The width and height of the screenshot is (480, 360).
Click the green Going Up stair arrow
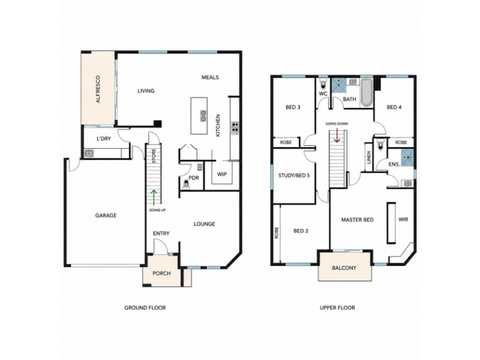coord(154,197)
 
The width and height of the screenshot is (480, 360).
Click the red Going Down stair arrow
coord(337,136)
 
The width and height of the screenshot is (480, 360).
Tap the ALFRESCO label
coord(98,89)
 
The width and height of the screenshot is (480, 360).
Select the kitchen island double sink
coord(203,116)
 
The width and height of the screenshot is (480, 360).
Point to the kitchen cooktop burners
coord(235,127)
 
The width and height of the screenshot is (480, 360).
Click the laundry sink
coord(89,153)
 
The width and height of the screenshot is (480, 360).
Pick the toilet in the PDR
coord(185,184)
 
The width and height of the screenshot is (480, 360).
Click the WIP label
coord(222,174)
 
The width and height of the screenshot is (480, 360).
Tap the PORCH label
coord(161,274)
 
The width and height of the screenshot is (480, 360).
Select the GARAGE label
coord(106,215)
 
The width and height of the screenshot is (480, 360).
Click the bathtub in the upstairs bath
coord(367,93)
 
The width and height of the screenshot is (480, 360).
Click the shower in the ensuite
coord(407,158)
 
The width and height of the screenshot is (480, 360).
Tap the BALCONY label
coord(344,268)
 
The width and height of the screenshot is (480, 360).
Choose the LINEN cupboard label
coord(369,157)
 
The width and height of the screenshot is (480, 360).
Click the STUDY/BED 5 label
coord(294,176)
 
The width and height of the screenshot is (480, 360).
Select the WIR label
coord(403,220)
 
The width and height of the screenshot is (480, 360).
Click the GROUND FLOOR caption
coord(145,308)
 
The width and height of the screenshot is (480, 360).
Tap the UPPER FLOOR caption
coord(337,308)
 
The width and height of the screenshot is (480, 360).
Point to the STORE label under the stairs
coord(154,156)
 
